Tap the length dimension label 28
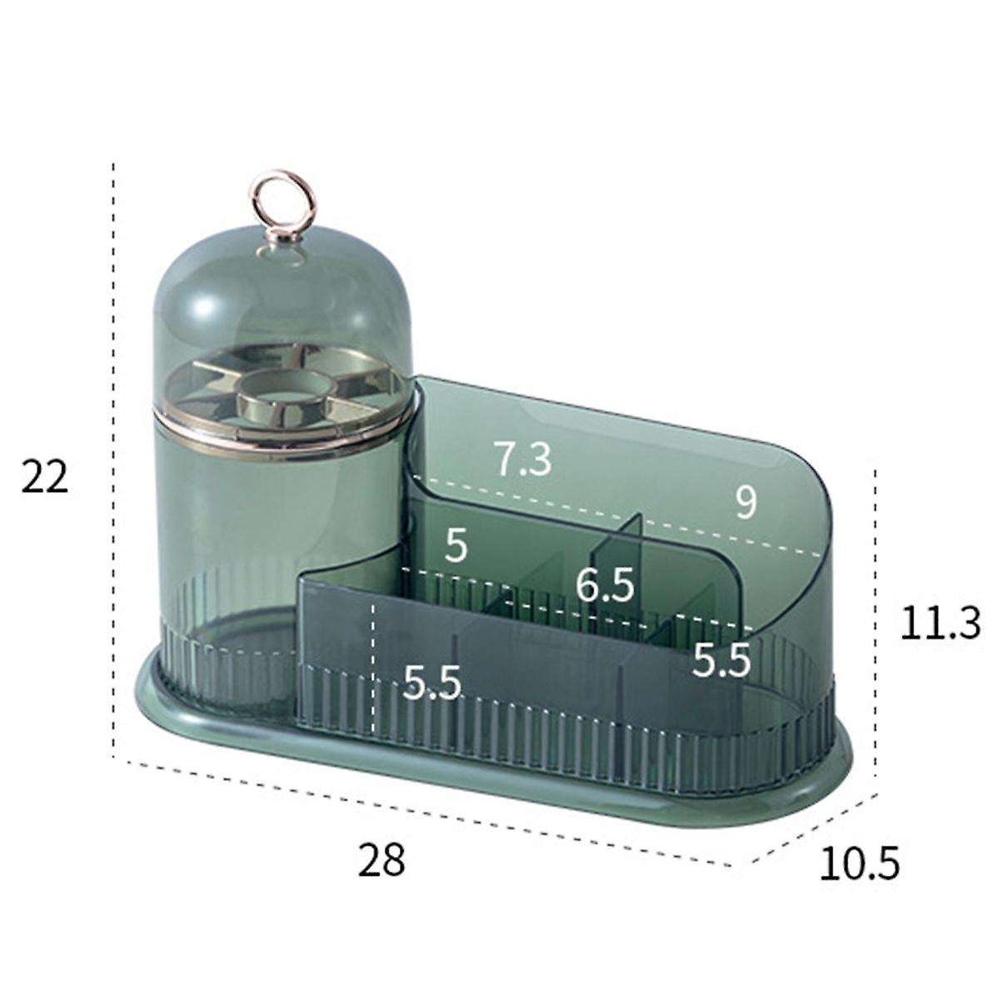pyautogui.click(x=382, y=859)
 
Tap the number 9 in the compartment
pyautogui.click(x=746, y=503)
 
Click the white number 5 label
pyautogui.click(x=455, y=546)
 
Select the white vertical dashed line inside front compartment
pyautogui.click(x=374, y=666)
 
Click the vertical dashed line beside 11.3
pyautogui.click(x=874, y=624)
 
